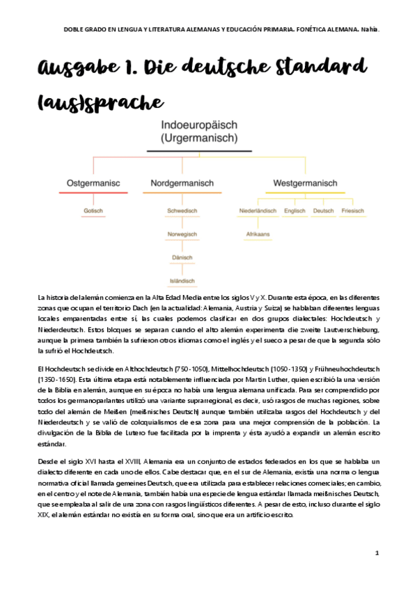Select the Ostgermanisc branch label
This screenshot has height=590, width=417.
(x=93, y=184)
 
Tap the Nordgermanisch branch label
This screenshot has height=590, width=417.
(x=182, y=184)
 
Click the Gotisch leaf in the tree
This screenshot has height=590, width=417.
(x=93, y=210)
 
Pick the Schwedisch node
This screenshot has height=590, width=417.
(x=182, y=210)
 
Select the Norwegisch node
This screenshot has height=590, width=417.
(x=182, y=234)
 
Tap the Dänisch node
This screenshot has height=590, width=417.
(x=182, y=257)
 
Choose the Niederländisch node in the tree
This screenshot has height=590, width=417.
(x=258, y=210)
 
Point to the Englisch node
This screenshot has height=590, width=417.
(x=294, y=210)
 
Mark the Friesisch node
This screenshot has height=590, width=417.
(x=353, y=210)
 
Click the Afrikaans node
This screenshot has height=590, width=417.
(x=258, y=234)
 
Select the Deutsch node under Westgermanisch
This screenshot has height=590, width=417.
(x=324, y=210)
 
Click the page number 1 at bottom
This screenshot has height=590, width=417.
(x=377, y=553)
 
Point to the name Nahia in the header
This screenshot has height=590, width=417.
(x=370, y=29)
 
